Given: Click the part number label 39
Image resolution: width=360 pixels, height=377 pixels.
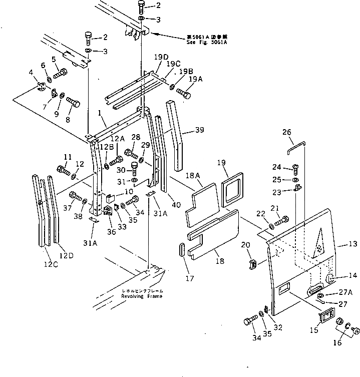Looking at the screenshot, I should pyautogui.click(x=199, y=131).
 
